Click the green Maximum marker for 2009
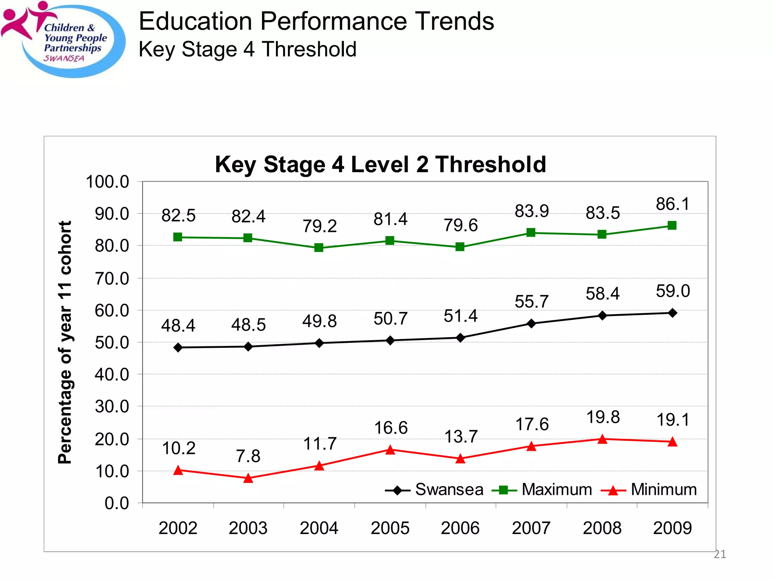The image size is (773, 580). point(672,226)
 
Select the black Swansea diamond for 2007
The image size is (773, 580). point(531,324)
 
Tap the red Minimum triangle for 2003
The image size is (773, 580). point(248,478)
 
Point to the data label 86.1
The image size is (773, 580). point(673,204)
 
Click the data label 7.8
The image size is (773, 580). point(248,456)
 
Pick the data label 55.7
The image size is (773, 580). point(531,302)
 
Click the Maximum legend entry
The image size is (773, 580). point(542,490)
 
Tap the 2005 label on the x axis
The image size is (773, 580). point(390,528)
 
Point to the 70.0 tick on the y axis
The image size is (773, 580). point(112,279)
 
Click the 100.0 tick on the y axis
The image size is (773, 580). point(108,182)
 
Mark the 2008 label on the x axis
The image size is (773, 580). point(602,528)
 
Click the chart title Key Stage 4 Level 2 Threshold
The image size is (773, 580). point(380,165)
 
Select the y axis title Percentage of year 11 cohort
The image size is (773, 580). point(65,342)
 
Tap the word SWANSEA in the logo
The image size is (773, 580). point(64,59)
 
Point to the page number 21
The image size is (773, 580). point(720,554)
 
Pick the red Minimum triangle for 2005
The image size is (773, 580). point(390,450)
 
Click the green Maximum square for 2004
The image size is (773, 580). point(319,248)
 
